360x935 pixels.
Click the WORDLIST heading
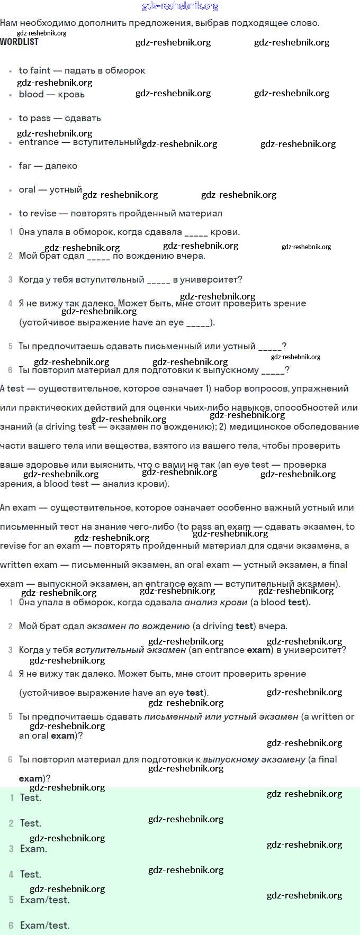point(19,42)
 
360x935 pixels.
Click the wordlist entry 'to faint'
point(34,70)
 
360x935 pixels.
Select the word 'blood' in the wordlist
point(31,94)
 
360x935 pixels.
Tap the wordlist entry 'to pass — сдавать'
point(59,118)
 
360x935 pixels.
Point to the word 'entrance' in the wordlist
point(39,142)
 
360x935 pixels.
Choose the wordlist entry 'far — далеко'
point(48,166)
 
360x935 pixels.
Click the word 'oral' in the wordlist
point(27,189)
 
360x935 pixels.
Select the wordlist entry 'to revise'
point(38,213)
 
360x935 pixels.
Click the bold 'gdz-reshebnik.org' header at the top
point(180,6)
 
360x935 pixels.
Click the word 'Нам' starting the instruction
point(9,23)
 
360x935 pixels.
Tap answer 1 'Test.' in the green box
point(30,797)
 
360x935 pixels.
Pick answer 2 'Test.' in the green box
point(30,823)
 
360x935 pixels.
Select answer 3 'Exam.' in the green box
point(33,848)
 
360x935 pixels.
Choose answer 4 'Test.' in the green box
point(30,874)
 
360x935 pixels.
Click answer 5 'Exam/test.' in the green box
point(44,900)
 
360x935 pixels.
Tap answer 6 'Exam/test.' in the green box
point(44,925)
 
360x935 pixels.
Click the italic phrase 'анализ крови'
point(215,602)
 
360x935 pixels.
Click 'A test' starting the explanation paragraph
point(12,388)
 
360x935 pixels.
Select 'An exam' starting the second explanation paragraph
point(18,507)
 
